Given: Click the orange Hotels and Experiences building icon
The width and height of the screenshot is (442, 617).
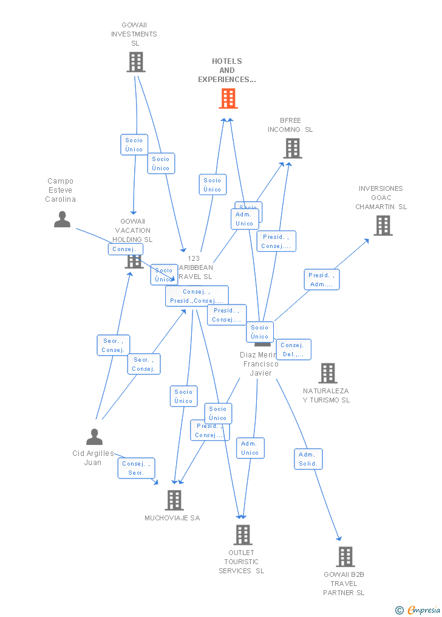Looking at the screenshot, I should [228, 98].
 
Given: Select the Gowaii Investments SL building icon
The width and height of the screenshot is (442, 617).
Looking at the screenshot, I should [136, 62].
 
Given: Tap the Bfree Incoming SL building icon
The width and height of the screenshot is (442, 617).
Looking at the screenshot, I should [292, 148].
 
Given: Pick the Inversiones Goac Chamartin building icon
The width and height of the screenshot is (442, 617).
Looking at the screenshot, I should [382, 226].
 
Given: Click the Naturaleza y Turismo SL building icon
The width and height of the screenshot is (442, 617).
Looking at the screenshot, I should [327, 373].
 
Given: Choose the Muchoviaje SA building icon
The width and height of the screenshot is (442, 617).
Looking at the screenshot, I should [174, 500].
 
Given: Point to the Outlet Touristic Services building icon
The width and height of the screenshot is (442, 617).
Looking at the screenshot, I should [243, 534].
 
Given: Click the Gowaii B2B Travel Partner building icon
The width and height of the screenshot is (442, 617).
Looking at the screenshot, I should [345, 556].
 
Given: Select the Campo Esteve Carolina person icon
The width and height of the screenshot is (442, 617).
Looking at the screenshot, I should [62, 219].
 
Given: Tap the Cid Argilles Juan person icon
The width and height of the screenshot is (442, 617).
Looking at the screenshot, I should [94, 437].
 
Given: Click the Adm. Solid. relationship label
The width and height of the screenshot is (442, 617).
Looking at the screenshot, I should [308, 459].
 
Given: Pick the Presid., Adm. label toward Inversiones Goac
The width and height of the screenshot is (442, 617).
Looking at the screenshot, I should [321, 280].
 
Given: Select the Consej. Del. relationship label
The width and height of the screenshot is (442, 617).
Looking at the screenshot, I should [293, 350].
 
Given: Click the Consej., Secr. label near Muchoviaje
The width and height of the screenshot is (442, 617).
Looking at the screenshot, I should [136, 468].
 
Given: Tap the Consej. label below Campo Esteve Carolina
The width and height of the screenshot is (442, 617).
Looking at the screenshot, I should [126, 249].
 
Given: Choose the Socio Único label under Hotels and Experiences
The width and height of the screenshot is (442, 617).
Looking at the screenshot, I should [212, 185].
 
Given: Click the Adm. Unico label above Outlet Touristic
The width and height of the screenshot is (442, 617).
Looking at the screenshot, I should [250, 448].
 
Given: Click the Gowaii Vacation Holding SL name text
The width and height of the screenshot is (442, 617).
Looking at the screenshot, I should [133, 230].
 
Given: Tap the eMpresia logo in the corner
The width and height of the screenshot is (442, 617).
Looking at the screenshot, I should [418, 610].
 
